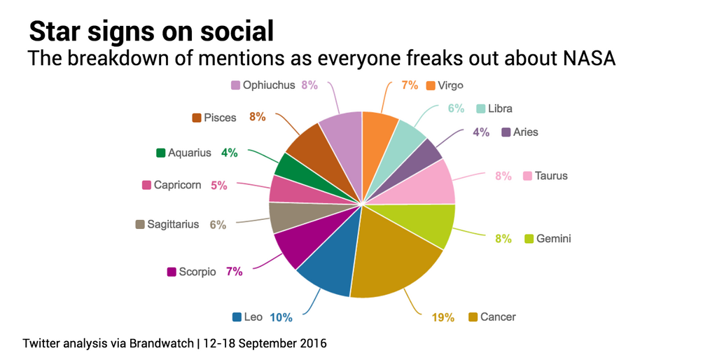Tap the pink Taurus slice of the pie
(427, 182)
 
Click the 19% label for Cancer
(443, 317)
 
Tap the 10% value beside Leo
(281, 317)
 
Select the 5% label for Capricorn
(219, 186)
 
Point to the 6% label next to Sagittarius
(218, 225)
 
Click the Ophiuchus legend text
(269, 85)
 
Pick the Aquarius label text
(189, 153)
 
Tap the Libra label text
(500, 109)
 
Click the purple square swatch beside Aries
(506, 132)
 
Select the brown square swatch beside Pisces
(197, 118)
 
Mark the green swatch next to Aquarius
(161, 153)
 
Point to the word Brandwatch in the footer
(163, 344)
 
